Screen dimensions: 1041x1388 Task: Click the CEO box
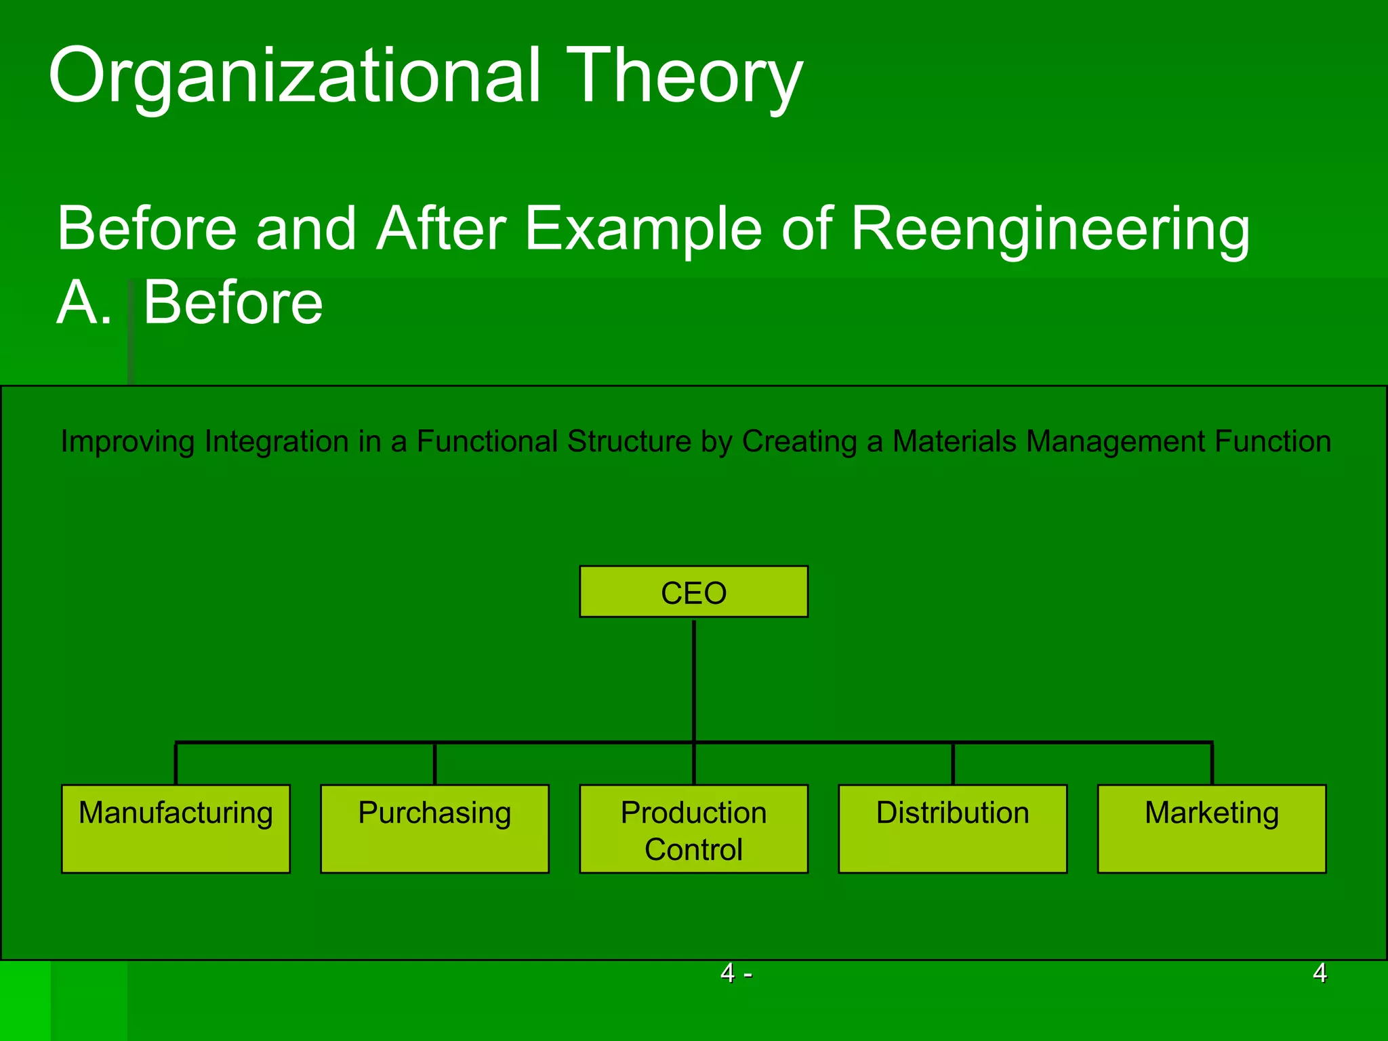pos(693,592)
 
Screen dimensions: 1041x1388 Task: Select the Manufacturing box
pos(176,828)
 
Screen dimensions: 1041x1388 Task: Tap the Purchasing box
pos(434,828)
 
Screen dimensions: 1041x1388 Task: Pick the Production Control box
pos(693,828)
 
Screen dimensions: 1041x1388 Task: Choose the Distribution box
pos(952,828)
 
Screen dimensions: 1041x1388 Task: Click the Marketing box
pos(1211,828)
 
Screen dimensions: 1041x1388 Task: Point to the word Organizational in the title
pos(295,76)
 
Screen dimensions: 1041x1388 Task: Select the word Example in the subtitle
pos(643,229)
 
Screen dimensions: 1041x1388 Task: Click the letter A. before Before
pos(83,303)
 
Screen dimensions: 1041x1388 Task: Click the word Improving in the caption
pos(127,442)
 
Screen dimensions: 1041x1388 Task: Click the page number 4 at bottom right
pos(1319,973)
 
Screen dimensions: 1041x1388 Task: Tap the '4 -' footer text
pos(735,973)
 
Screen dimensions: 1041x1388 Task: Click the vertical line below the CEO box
pos(694,678)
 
